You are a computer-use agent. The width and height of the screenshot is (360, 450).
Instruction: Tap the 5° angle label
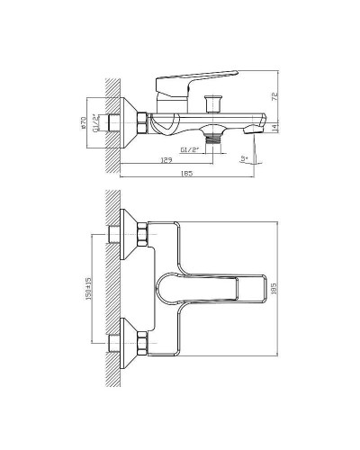coord(243,158)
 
